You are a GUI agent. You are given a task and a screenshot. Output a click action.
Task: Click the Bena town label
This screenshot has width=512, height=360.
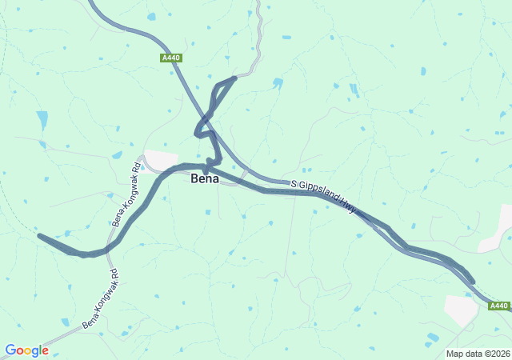coord(205,178)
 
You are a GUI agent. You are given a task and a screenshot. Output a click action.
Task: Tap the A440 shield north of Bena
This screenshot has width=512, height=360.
coord(170,58)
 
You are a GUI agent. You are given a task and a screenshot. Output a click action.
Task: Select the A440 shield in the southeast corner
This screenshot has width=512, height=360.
coord(498,306)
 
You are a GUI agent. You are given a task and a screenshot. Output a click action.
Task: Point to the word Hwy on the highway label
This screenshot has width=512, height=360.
coord(349,206)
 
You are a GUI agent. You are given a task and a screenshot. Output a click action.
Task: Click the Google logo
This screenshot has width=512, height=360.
coord(26,350)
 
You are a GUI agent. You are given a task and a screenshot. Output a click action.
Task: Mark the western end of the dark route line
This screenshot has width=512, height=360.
coord(39,235)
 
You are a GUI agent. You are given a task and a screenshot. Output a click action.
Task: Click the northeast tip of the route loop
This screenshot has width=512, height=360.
coord(234,78)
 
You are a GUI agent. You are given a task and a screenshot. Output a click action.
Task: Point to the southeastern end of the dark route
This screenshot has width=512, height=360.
coord(472,282)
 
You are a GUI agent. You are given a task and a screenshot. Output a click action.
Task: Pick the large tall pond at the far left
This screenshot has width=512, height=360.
coord(42,120)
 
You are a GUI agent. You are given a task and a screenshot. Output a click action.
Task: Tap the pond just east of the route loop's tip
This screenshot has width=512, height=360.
coord(277,82)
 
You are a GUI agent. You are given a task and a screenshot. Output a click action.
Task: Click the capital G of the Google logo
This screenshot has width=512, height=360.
coord(10,350)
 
